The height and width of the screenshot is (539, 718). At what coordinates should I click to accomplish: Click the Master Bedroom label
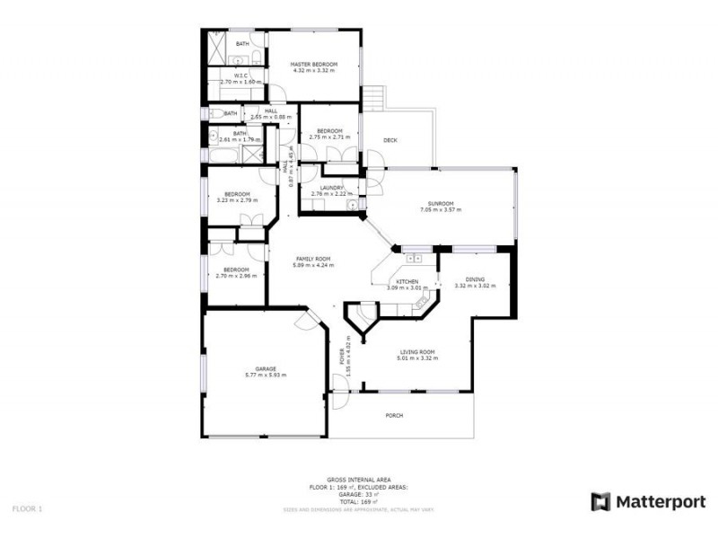(x=313, y=65)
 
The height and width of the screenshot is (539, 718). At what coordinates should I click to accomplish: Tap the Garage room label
(x=265, y=368)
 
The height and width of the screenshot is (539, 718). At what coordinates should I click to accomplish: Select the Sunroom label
(x=440, y=203)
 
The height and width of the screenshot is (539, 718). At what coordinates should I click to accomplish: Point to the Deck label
(x=390, y=140)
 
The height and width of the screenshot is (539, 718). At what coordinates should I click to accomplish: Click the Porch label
(x=393, y=415)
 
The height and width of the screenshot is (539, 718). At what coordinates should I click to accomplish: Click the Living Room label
(x=417, y=351)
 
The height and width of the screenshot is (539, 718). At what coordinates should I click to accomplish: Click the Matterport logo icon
(x=600, y=501)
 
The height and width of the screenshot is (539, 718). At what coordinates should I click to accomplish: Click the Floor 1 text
(x=27, y=508)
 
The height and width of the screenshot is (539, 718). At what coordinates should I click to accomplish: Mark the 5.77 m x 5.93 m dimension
(x=265, y=375)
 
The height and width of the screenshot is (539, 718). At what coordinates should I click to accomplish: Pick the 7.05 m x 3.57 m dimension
(x=440, y=209)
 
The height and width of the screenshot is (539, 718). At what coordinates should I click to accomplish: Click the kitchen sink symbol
(x=415, y=259)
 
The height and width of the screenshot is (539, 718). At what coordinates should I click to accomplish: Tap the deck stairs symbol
(x=374, y=96)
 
